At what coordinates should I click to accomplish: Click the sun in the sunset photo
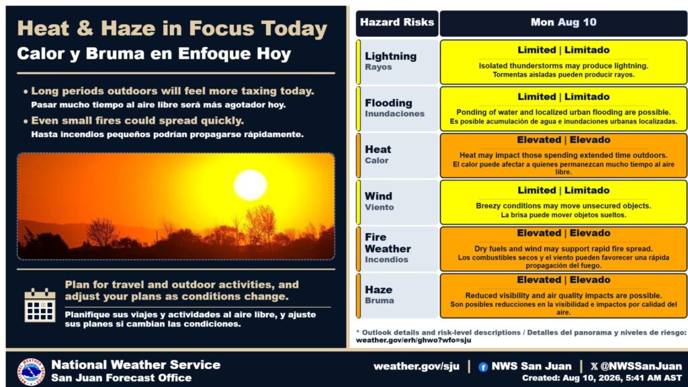point(250,185)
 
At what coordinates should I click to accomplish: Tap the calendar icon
point(40,306)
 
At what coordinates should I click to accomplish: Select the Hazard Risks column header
point(396,23)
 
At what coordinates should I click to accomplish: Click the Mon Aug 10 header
point(564,23)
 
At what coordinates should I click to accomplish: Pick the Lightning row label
point(396,61)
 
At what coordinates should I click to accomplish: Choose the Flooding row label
point(396,108)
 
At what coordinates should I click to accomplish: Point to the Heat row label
point(396,155)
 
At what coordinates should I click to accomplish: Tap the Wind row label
point(396,202)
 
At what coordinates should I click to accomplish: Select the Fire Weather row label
point(396,249)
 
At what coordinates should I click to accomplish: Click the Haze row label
point(396,296)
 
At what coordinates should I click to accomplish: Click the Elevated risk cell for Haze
point(564,296)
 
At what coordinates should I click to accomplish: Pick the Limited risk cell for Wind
point(564,202)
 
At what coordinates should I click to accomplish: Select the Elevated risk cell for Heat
point(564,155)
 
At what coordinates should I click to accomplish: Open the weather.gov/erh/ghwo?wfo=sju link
point(413,341)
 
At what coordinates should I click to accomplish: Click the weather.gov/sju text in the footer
point(417,366)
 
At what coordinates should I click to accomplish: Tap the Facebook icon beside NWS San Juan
point(483,368)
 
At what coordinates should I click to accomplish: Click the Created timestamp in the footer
point(602,378)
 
